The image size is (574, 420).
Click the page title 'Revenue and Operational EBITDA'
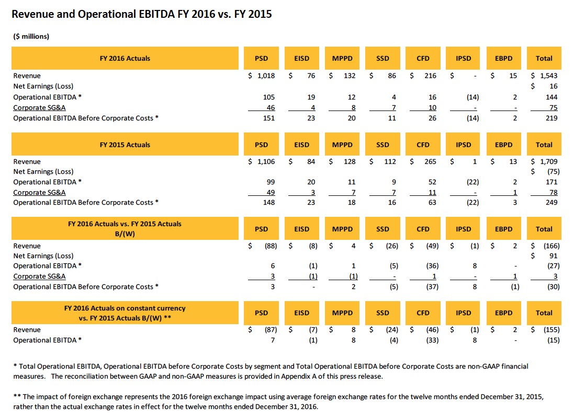[x=93, y=14]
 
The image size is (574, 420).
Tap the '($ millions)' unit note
[x=31, y=36]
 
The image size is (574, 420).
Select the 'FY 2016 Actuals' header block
[x=125, y=58]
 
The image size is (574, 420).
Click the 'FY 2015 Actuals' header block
[x=125, y=145]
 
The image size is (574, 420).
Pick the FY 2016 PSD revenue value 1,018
[x=266, y=76]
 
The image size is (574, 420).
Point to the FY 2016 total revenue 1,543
[x=549, y=76]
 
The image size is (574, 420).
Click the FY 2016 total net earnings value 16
[x=554, y=86]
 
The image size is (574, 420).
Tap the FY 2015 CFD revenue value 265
[x=430, y=162]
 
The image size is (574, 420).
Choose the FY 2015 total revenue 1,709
[x=549, y=162]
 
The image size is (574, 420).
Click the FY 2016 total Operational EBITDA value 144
[x=552, y=97]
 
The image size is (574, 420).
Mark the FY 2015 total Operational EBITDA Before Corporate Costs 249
[x=552, y=202]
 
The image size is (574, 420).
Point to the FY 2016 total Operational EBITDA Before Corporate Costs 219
[x=552, y=118]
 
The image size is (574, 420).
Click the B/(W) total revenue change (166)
[x=552, y=246]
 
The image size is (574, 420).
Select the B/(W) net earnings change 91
[x=554, y=256]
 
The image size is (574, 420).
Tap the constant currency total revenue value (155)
[x=552, y=330]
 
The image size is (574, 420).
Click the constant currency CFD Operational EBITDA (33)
[x=432, y=340]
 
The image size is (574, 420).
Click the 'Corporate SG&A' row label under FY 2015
[x=40, y=192]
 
